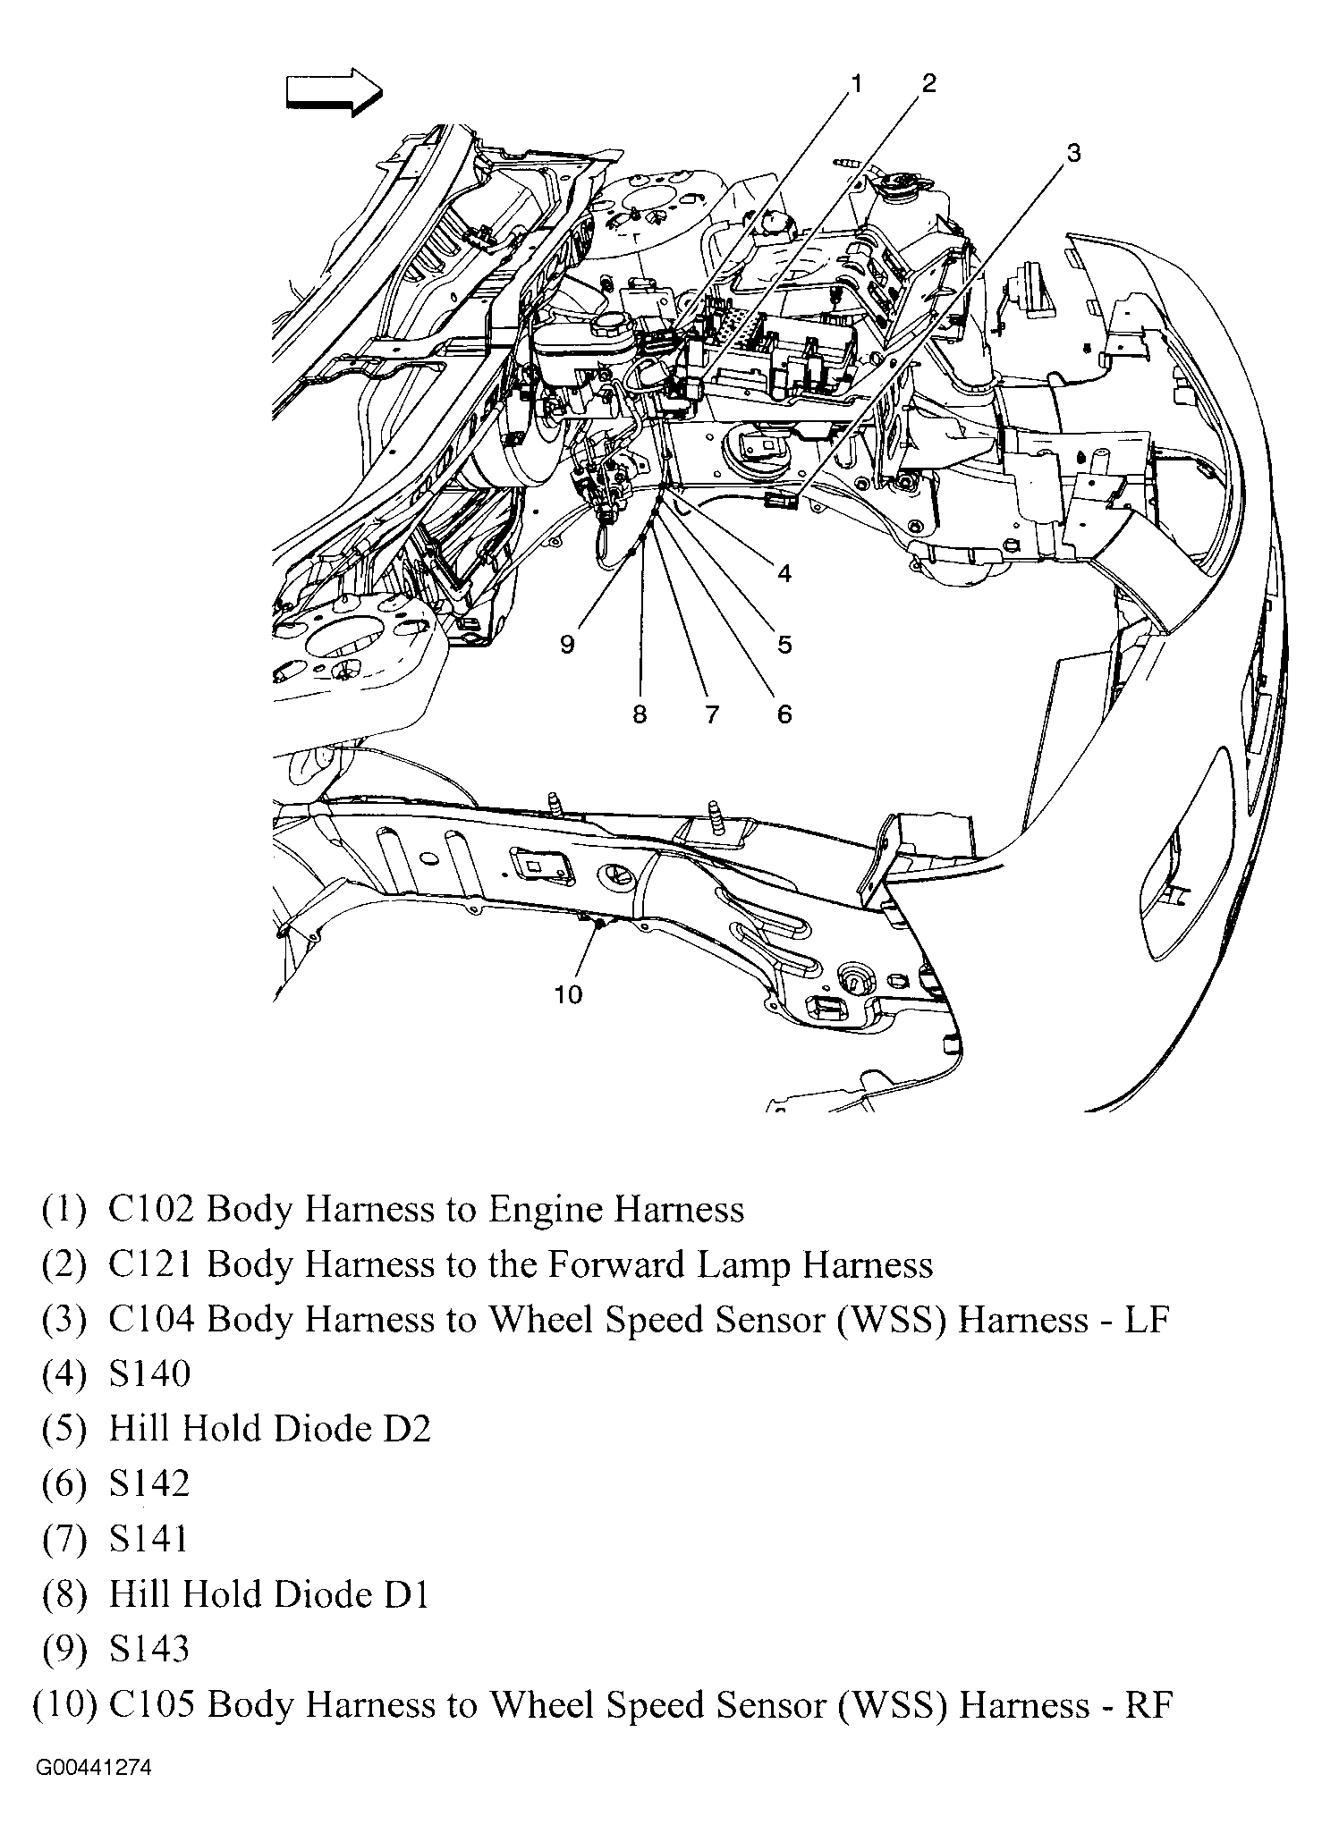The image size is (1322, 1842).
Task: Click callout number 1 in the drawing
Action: click(x=856, y=84)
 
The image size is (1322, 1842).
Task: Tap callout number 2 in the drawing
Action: click(x=928, y=83)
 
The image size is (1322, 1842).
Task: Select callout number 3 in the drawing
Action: click(x=1073, y=153)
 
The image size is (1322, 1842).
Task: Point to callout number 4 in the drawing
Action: click(x=784, y=573)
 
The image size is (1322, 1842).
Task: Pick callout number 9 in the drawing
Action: click(x=567, y=645)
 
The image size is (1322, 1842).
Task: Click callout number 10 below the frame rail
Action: click(x=568, y=994)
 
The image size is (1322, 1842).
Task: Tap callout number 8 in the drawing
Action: click(x=640, y=714)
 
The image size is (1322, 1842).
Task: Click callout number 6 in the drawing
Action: click(x=784, y=714)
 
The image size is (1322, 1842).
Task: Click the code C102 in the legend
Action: click(x=150, y=1210)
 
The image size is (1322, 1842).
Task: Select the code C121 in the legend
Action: click(x=150, y=1265)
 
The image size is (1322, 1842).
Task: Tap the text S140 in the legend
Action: click(x=149, y=1373)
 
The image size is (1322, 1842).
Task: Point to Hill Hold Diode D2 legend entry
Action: click(x=269, y=1429)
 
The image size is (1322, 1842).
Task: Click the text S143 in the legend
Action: click(x=149, y=1649)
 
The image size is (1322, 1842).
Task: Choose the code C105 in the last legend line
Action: click(x=150, y=1705)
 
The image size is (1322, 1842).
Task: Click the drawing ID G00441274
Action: click(x=94, y=1768)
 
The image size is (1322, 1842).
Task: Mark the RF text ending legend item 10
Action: click(x=1148, y=1705)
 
